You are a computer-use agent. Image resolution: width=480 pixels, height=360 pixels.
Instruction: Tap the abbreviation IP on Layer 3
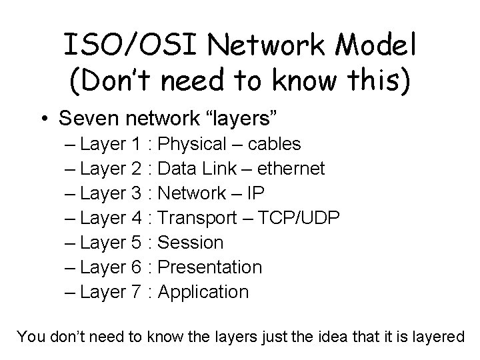[x=255, y=193]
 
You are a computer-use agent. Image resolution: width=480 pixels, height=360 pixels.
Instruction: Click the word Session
[x=192, y=243]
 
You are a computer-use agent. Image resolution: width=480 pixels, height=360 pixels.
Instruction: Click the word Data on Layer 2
[x=177, y=169]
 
